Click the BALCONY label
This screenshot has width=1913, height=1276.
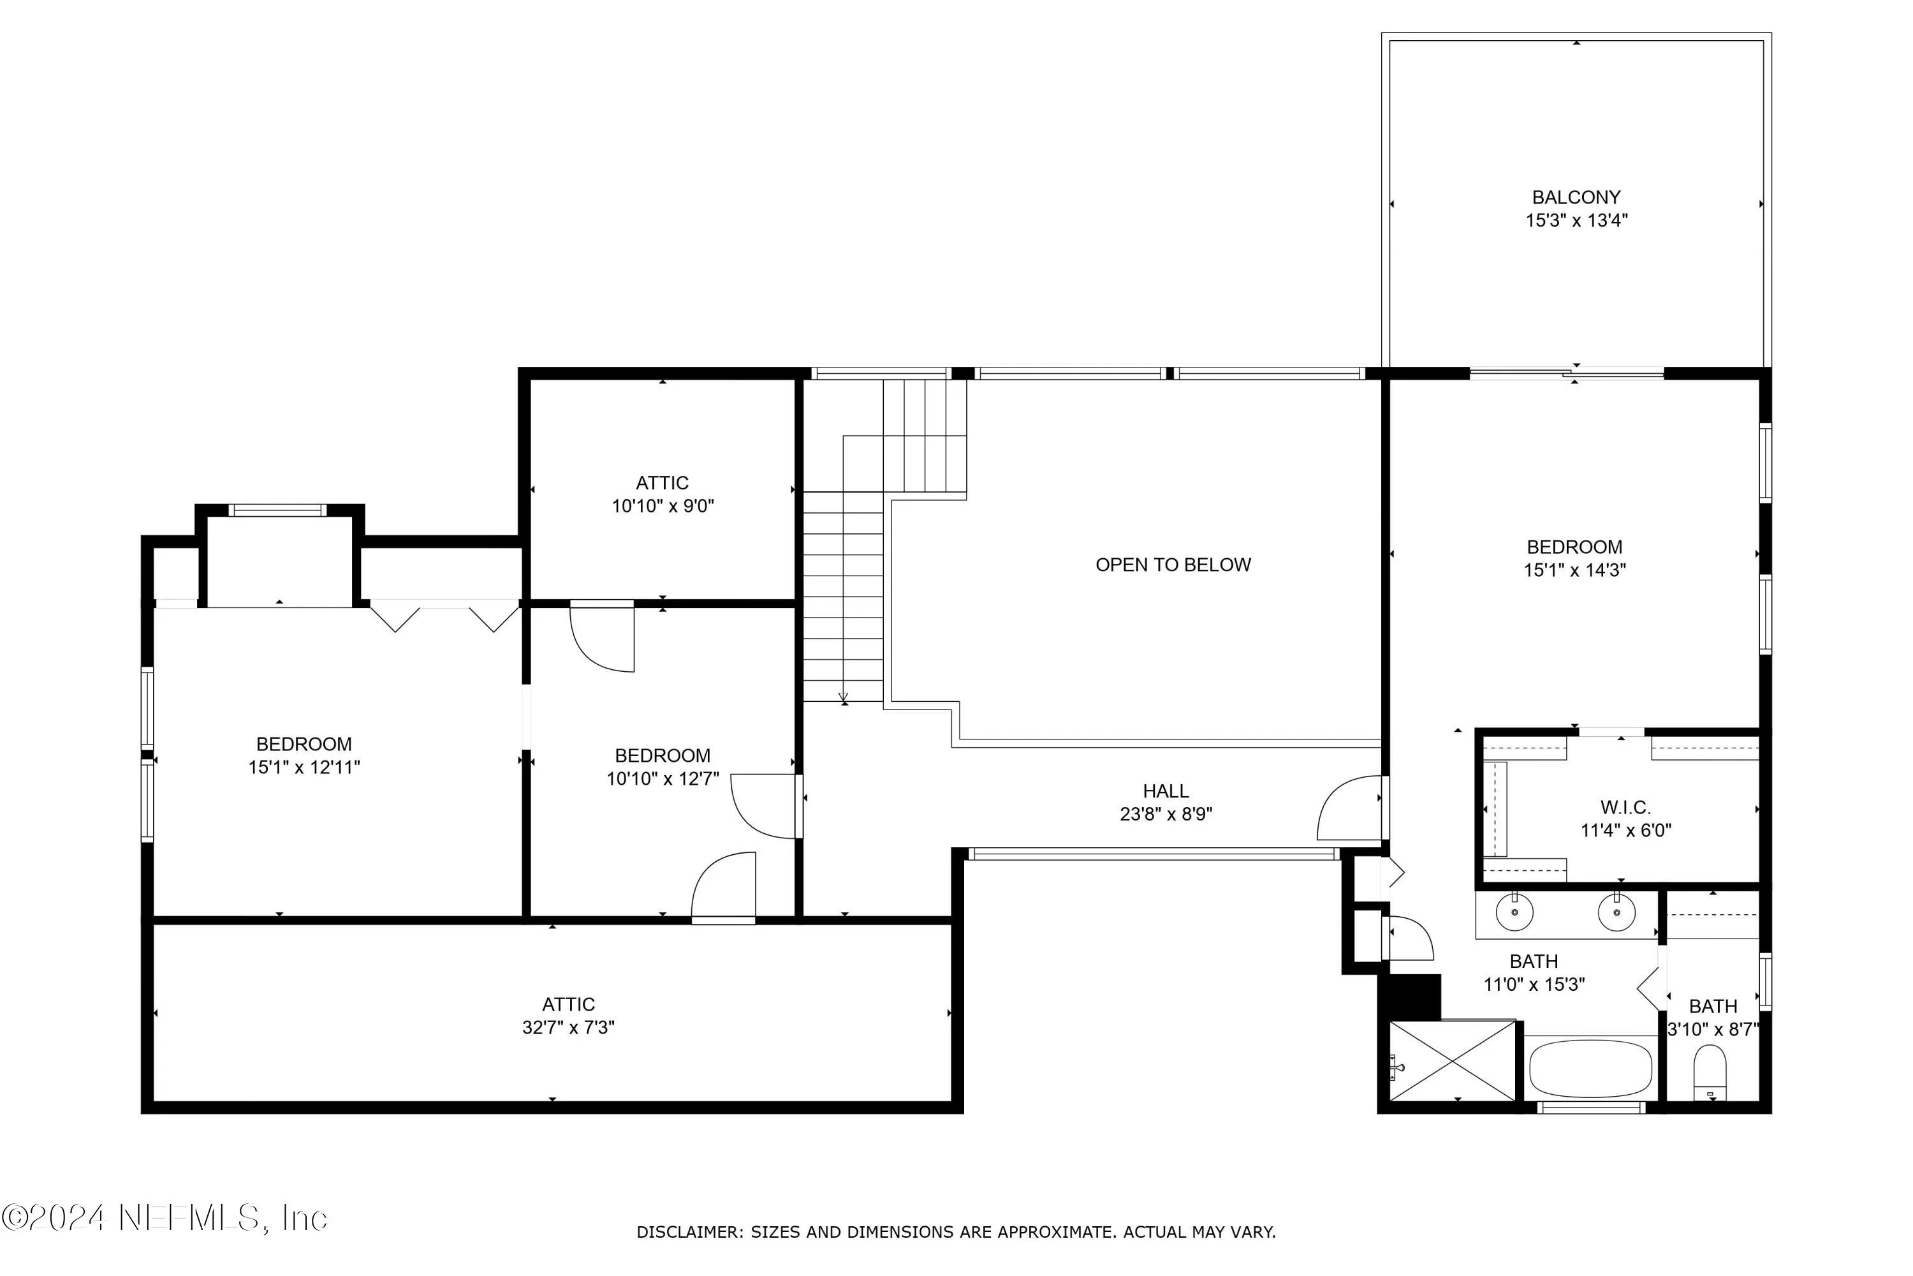(1576, 197)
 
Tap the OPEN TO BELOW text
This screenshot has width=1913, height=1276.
(1172, 565)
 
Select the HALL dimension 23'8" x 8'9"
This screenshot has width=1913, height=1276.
(1166, 814)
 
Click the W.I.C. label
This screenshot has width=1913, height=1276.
(1625, 807)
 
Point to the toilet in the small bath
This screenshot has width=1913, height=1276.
(1710, 1072)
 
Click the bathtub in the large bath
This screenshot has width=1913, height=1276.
(1590, 1069)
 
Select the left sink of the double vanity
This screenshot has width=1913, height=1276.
(1514, 913)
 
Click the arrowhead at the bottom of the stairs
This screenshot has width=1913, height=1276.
(844, 697)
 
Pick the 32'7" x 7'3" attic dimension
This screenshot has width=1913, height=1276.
(568, 1028)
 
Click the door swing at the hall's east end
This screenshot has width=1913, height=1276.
(1350, 809)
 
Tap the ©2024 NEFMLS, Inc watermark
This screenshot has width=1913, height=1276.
(165, 1217)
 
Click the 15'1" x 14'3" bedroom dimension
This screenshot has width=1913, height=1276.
(1574, 570)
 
